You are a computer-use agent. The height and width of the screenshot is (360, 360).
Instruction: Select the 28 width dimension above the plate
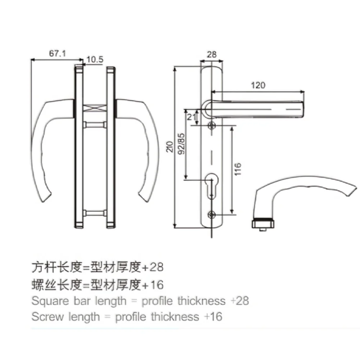click(x=212, y=54)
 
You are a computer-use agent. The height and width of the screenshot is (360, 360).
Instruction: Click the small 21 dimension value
click(x=190, y=116)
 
